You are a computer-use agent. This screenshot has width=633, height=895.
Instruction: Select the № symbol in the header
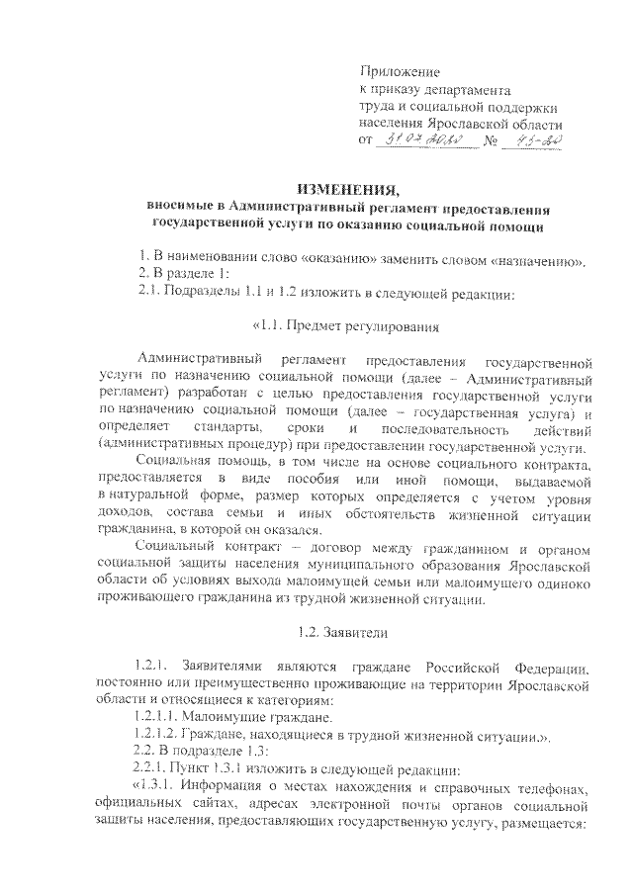tap(490, 143)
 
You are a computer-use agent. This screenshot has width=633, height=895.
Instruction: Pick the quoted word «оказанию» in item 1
tap(299, 261)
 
